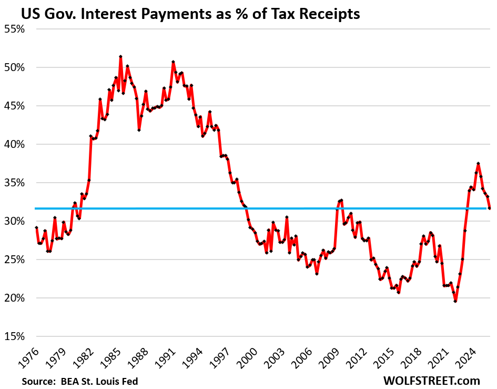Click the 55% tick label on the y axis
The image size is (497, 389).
click(14, 29)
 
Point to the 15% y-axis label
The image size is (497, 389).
click(14, 336)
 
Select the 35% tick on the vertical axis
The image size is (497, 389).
click(14, 183)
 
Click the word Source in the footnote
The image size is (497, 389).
click(39, 380)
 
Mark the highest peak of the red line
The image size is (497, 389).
click(121, 56)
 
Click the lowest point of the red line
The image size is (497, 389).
click(455, 301)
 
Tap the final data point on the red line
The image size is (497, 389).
click(490, 208)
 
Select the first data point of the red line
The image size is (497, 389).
click(36, 227)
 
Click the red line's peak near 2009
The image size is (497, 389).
click(341, 200)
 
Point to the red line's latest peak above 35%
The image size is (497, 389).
click(478, 163)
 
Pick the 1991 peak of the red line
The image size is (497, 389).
click(173, 62)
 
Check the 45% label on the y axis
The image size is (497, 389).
click(14, 106)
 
